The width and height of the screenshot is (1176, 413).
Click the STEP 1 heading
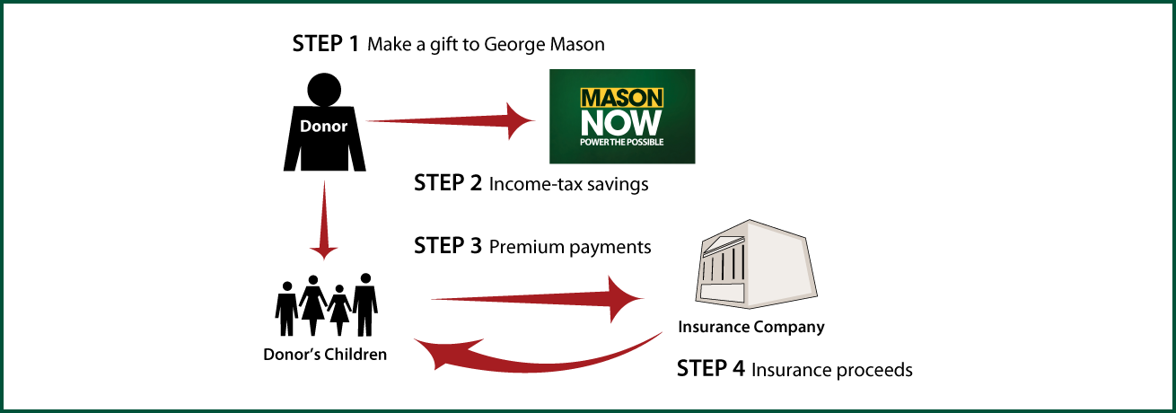(326, 44)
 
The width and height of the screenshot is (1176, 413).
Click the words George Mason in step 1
(544, 45)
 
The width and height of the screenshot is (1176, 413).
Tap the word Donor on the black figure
(323, 126)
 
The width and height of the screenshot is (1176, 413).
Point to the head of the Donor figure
(324, 89)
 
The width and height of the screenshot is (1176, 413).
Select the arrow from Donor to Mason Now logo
(451, 121)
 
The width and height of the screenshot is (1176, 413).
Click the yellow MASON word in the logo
(622, 98)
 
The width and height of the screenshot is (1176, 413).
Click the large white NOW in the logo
(621, 123)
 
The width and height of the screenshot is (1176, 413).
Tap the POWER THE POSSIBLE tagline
(621, 142)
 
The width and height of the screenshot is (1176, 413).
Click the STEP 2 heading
(448, 182)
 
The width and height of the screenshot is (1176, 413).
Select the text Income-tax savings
(568, 185)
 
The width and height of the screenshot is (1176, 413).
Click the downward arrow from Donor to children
(324, 220)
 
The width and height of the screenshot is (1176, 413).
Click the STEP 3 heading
(448, 246)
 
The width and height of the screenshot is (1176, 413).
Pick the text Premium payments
(570, 247)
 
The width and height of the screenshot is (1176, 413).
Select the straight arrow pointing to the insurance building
(538, 299)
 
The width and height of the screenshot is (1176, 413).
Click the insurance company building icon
(756, 264)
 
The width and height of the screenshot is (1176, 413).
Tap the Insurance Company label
(751, 327)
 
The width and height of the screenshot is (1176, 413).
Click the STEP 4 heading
(711, 368)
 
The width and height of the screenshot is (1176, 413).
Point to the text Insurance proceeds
(832, 370)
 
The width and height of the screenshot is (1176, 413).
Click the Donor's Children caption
(325, 355)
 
